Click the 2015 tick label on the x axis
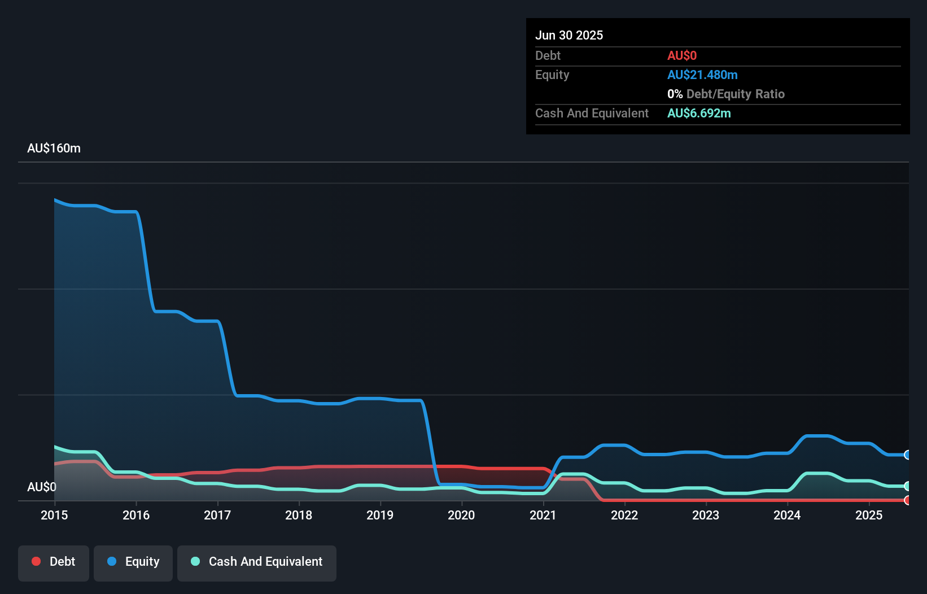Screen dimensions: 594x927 click(x=54, y=515)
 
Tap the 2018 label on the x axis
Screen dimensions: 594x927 click(x=299, y=515)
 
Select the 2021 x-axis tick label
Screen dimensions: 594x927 click(x=543, y=515)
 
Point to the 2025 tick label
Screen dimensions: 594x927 click(x=869, y=515)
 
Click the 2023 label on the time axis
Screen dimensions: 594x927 click(x=706, y=515)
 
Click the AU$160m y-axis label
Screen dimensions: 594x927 click(x=54, y=148)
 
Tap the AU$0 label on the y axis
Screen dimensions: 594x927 click(x=42, y=487)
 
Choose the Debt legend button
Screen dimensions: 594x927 click(x=54, y=562)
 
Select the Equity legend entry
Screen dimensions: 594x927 click(x=133, y=562)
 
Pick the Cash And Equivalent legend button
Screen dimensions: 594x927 click(x=257, y=562)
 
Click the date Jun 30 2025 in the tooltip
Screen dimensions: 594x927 click(x=569, y=35)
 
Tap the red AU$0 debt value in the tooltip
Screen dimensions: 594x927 click(x=682, y=55)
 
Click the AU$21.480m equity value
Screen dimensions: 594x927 click(x=702, y=75)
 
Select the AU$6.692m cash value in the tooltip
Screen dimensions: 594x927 click(x=699, y=113)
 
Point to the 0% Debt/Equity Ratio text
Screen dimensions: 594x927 click(x=726, y=94)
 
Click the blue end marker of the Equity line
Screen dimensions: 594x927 click(x=907, y=455)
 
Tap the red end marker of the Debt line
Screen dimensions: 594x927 click(x=907, y=500)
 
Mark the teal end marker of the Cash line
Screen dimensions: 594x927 click(x=907, y=486)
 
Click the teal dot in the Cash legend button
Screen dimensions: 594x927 click(x=195, y=561)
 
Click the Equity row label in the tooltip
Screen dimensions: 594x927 click(x=552, y=75)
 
